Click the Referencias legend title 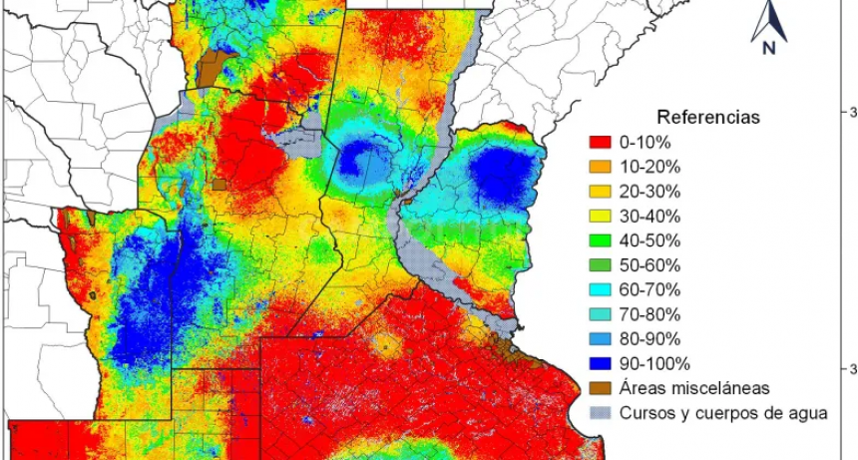point(707,117)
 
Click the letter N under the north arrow point(769,48)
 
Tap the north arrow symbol point(769,20)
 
